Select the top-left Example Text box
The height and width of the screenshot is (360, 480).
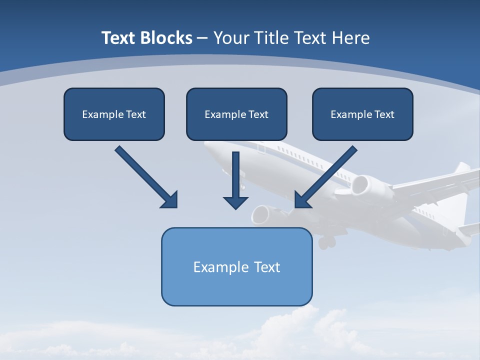[x=114, y=114]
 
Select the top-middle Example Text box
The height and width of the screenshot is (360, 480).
[x=236, y=114]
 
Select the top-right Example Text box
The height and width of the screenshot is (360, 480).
[x=362, y=114]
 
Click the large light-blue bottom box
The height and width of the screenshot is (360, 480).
[x=236, y=266]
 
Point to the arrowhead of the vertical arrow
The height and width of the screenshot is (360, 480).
[x=235, y=202]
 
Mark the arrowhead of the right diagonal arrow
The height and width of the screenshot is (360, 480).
[x=302, y=199]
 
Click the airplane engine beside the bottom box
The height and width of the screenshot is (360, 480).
[x=262, y=214]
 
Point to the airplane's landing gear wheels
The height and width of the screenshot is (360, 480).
[x=326, y=242]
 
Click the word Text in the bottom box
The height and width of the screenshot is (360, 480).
[x=267, y=266]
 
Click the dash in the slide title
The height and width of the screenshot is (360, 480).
[x=202, y=38]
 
